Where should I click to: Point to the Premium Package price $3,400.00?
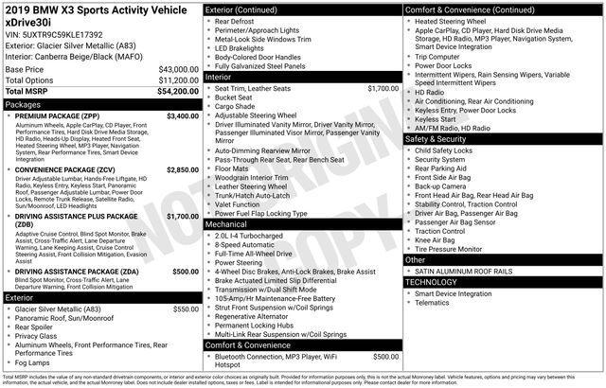coord(182,115)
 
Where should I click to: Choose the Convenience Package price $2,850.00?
coord(182,168)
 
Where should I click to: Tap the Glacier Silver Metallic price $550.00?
coord(185,309)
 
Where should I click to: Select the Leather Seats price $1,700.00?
coord(383,88)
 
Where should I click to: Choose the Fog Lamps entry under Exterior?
coord(33,362)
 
